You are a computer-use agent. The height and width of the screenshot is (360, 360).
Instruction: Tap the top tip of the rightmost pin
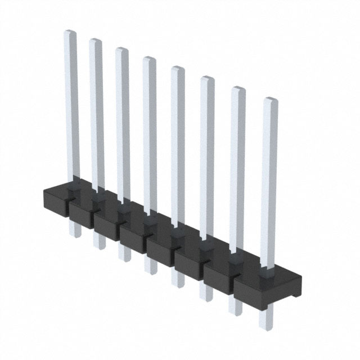(271, 101)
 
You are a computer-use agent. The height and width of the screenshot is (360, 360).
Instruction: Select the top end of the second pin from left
(95, 42)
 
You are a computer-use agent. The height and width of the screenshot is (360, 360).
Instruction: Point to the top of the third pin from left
(121, 51)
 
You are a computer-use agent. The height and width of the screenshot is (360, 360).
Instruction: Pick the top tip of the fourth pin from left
(148, 60)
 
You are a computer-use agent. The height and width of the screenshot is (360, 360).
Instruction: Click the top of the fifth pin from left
(177, 69)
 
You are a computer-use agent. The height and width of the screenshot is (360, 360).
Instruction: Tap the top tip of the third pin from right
(207, 79)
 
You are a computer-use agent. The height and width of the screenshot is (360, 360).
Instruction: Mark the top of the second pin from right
(238, 90)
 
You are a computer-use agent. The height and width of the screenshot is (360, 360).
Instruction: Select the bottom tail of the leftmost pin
(74, 233)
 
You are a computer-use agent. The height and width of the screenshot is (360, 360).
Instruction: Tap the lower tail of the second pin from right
(235, 310)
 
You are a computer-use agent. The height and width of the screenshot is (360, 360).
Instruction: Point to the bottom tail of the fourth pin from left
(150, 269)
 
